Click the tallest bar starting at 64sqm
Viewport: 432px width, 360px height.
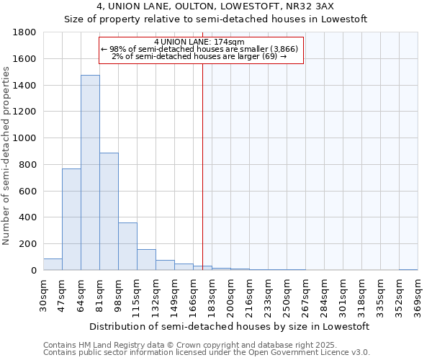pyautogui.click(x=90, y=173)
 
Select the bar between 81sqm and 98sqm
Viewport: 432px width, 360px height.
pyautogui.click(x=109, y=212)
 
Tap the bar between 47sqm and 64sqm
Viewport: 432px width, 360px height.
pyautogui.click(x=71, y=220)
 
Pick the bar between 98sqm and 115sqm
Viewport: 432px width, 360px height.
pyautogui.click(x=127, y=246)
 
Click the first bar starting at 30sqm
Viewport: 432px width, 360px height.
pyautogui.click(x=53, y=264)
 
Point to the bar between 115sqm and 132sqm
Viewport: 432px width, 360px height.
pyautogui.click(x=146, y=260)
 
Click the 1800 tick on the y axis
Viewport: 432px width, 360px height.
pyautogui.click(x=26, y=32)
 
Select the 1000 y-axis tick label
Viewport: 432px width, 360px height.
pyautogui.click(x=26, y=138)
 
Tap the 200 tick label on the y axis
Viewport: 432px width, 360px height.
pyautogui.click(x=29, y=244)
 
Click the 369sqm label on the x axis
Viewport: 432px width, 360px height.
pyautogui.click(x=418, y=296)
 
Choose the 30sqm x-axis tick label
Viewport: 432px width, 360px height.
pyautogui.click(x=44, y=296)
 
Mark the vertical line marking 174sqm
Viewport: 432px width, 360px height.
pyautogui.click(x=202, y=166)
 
